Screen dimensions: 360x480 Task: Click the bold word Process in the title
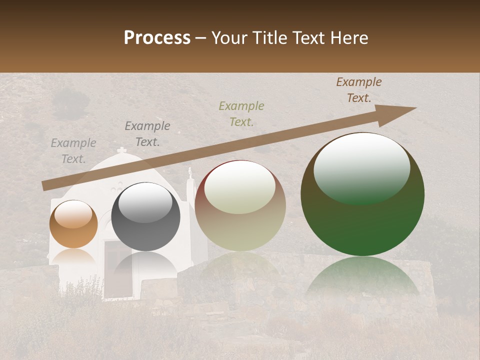tap(157, 37)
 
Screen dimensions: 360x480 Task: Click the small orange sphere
tap(73, 224)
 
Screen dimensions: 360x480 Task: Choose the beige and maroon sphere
tap(240, 205)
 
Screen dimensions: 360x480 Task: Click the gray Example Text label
tap(73, 151)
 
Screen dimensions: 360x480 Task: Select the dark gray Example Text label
tap(147, 134)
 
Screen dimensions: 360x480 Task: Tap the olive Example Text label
tap(241, 113)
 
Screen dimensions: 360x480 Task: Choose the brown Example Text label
tap(358, 90)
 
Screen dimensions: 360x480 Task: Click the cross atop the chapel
tap(121, 150)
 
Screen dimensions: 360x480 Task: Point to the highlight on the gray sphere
tap(145, 201)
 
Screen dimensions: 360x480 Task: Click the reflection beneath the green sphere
tap(362, 277)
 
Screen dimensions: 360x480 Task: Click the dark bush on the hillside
tap(70, 102)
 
